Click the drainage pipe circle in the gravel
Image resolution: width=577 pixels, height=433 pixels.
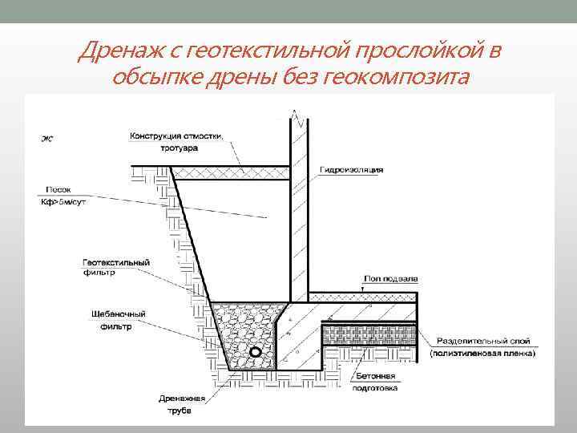254,351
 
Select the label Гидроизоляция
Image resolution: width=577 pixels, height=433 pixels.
352,170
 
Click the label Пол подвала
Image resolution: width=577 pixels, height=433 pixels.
381,278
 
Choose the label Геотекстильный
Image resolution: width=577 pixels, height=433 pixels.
117,262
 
